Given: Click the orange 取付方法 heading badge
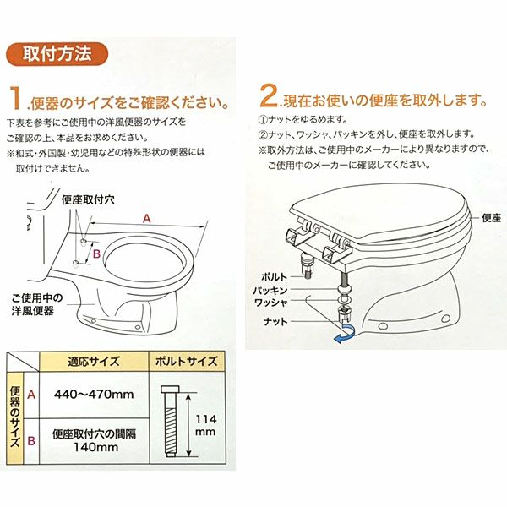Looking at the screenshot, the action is pos(57,54).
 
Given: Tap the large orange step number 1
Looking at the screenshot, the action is pos(15,98).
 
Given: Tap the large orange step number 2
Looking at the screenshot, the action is pos(269,95).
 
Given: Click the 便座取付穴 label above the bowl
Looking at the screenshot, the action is pos(88,199).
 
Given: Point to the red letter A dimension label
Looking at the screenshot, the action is pos(147,219).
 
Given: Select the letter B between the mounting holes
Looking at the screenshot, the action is pos(96,253).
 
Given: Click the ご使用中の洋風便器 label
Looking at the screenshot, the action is pos(37,304).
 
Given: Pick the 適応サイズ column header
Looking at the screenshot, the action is pos(94,361).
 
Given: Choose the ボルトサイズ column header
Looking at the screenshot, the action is pos(187,361).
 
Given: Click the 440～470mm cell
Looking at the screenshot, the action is pos(94,394).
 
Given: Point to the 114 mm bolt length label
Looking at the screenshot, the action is pos(205,426).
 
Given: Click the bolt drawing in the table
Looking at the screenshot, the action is pos(170,421).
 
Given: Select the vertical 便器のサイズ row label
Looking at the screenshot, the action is pos(15,417).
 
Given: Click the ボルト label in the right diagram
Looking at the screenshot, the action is pos(274,277).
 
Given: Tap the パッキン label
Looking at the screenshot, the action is pos(270,291).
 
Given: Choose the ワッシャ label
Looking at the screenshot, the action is pos(271,303).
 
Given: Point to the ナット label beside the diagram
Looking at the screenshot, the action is pos(275,322).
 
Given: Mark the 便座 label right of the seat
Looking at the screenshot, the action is pos(492,218).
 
